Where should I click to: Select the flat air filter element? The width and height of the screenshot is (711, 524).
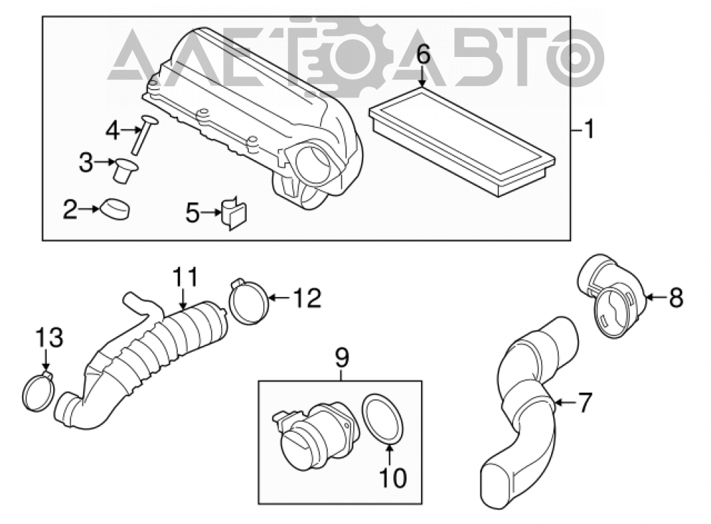[x=461, y=141]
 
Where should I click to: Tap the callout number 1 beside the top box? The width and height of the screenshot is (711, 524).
[x=589, y=130]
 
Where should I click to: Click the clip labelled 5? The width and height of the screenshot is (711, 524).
[x=233, y=213]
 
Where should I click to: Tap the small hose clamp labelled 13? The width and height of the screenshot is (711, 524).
[x=38, y=391]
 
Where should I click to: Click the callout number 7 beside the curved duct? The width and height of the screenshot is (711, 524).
[x=584, y=402]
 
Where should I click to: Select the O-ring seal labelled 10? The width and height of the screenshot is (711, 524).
[x=382, y=419]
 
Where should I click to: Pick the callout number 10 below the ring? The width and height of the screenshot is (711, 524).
[x=392, y=478]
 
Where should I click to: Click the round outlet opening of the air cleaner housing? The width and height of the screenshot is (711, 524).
[x=314, y=167]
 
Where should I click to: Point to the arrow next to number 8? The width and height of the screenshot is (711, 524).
[x=656, y=298]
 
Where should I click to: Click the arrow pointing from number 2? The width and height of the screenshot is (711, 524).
[x=90, y=209]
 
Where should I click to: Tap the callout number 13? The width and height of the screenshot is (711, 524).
[x=50, y=338]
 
